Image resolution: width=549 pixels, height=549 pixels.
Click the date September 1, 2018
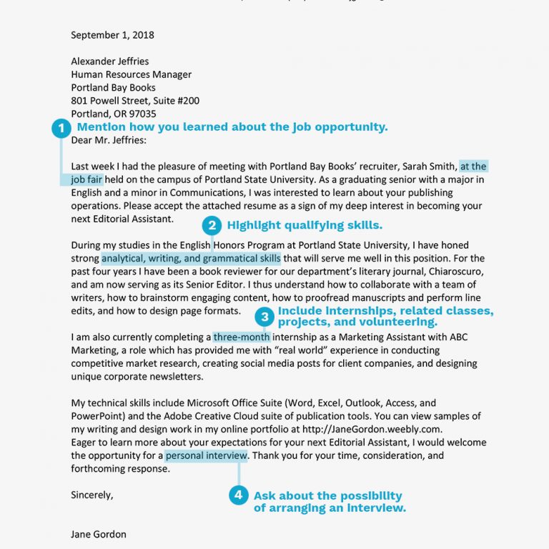coord(112,34)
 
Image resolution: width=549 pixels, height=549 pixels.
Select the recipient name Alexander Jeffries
coord(109,61)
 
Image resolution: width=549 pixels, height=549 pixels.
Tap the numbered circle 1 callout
coord(61,128)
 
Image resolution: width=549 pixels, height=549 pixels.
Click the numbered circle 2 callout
coord(211,226)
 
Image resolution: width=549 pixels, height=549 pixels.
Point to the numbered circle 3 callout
coord(264,317)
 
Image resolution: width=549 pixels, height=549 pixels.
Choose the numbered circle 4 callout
coord(239,495)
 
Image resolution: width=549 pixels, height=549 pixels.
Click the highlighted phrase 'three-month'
coord(242,337)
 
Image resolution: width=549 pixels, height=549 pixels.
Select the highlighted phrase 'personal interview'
coord(207,455)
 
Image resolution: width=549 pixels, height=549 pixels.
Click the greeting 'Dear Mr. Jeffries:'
coord(108,141)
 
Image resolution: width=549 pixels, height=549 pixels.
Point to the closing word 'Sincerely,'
coord(92,494)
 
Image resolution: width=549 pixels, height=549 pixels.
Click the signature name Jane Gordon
coord(99,534)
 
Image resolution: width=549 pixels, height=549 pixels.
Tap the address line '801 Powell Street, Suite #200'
coord(135,101)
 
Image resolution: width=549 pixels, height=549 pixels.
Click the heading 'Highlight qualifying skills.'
coord(305,225)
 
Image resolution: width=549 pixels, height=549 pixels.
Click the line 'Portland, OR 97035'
coord(113,114)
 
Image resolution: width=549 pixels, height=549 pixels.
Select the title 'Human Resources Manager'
coord(131,74)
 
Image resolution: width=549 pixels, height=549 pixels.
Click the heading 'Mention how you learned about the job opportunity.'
coord(232,127)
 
